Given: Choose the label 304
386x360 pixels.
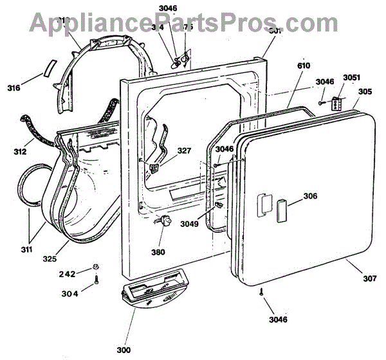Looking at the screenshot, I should [71, 294].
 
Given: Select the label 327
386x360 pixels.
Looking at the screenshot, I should [184, 152].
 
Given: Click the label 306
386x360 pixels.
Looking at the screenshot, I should [309, 197].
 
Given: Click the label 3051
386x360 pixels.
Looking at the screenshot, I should [351, 78].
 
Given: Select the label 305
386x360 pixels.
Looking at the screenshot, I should [365, 91].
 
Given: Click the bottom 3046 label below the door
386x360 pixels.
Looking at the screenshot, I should [278, 319].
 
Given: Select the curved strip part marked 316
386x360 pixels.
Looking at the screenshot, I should [49, 68].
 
